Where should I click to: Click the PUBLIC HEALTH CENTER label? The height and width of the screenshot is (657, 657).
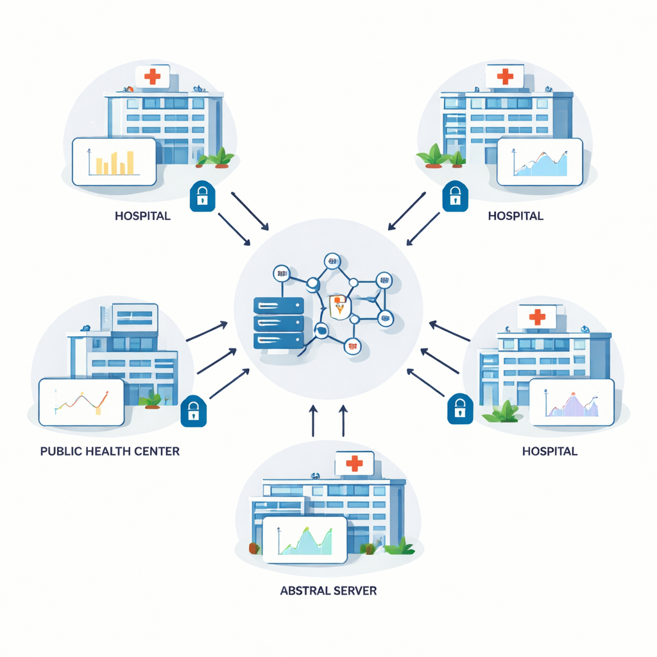(110, 451)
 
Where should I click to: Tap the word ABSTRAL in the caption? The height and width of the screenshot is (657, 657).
(303, 590)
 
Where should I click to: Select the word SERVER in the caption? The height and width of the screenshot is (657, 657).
(352, 590)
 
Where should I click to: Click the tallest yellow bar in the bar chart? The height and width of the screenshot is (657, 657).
(130, 163)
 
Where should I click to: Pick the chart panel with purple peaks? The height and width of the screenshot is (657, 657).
(572, 402)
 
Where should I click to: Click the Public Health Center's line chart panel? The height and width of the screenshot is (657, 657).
(81, 402)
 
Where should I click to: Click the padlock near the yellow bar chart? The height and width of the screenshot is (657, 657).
(202, 196)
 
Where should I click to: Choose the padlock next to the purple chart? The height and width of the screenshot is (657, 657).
(460, 408)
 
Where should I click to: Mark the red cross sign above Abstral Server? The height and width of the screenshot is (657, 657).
(354, 463)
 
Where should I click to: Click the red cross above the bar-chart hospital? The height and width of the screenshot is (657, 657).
(152, 78)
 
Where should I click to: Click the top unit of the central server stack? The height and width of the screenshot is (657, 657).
(278, 304)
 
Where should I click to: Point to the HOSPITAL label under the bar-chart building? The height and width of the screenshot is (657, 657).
(142, 216)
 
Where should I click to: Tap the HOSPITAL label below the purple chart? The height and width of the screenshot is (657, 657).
(550, 451)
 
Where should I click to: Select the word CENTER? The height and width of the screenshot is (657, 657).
(157, 451)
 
